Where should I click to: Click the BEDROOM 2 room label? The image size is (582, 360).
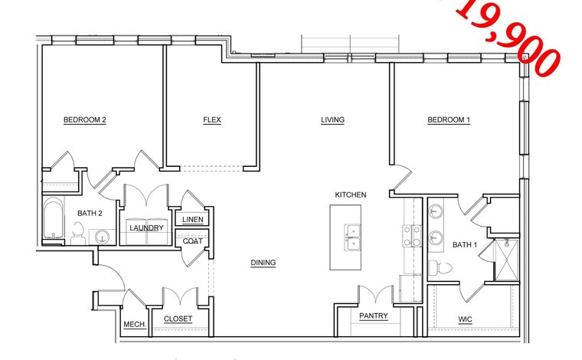85,120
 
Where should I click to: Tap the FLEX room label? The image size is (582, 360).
212,120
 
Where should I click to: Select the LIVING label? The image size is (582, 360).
332,120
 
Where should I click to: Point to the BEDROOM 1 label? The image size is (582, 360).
449,120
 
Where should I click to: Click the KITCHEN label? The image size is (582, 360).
351,195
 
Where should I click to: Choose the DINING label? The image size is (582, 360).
263,263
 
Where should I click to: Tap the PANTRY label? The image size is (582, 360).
374,316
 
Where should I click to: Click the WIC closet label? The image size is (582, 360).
465,319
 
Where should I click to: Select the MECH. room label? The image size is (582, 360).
135,324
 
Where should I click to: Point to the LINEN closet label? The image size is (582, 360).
193,220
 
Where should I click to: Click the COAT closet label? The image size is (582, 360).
193,241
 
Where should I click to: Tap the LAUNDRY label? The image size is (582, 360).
146,228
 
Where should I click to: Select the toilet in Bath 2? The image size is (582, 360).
78,233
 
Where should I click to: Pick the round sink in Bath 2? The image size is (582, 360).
102,237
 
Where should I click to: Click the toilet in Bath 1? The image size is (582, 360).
440,267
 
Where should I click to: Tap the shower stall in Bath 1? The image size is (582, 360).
507,260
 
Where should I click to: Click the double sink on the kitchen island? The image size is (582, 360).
351,237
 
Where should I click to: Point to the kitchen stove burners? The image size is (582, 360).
412,236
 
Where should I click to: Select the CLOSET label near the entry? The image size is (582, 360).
178,319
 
